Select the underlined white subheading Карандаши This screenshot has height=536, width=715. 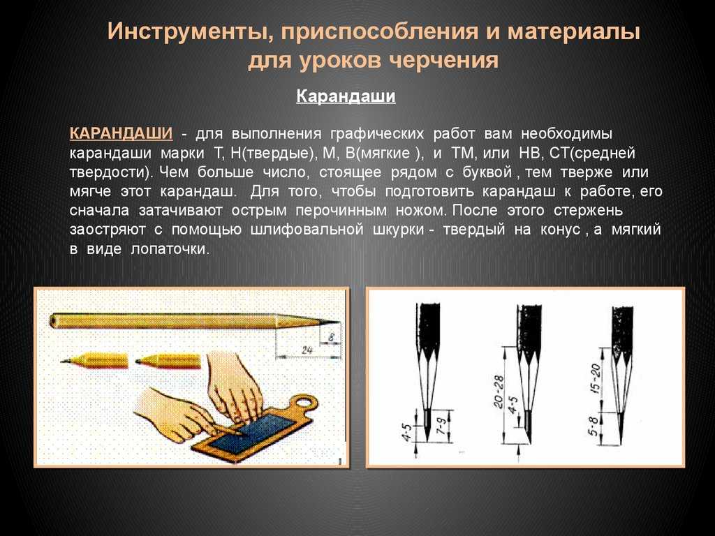coord(346,96)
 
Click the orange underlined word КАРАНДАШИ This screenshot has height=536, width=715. coord(121,133)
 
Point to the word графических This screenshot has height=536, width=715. coord(376,135)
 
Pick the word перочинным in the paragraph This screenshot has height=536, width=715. coord(341,211)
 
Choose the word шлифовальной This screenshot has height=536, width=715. coord(307,230)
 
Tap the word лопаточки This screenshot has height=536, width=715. coord(170,250)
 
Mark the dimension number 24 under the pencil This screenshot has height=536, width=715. coord(307,350)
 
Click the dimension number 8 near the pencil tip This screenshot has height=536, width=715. coord(332,338)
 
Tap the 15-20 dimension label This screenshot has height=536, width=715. coord(596,377)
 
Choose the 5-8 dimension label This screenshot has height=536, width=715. coord(594,426)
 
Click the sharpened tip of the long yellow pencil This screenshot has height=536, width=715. coord(339,322)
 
